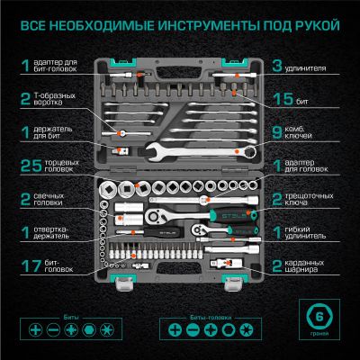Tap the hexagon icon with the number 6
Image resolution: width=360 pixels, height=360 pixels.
(317, 319)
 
